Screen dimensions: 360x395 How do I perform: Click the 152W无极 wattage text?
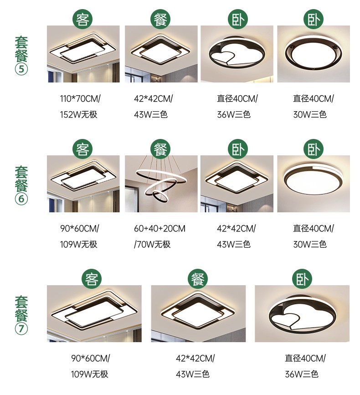pos(78,115)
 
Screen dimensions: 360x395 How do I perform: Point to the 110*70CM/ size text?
pos(80,98)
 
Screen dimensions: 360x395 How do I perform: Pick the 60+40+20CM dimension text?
pos(159,229)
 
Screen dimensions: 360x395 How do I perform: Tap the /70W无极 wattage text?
pos(152,244)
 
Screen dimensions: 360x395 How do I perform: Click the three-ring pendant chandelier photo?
pos(161,184)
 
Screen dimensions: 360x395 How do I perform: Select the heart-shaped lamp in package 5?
pos(237,54)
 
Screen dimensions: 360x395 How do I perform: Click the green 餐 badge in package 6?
pos(160,149)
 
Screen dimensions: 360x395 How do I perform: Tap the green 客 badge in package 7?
pos(92,279)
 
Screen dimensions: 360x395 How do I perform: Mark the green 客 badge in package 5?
pos(82,19)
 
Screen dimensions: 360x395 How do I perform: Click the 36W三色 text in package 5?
pos(234,115)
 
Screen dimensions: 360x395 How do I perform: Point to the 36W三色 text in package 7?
pos(302,374)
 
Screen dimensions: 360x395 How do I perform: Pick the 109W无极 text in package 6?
pos(78,244)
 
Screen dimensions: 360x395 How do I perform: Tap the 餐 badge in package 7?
pos(198,279)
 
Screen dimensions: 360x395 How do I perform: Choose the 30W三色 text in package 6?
pos(310,244)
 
